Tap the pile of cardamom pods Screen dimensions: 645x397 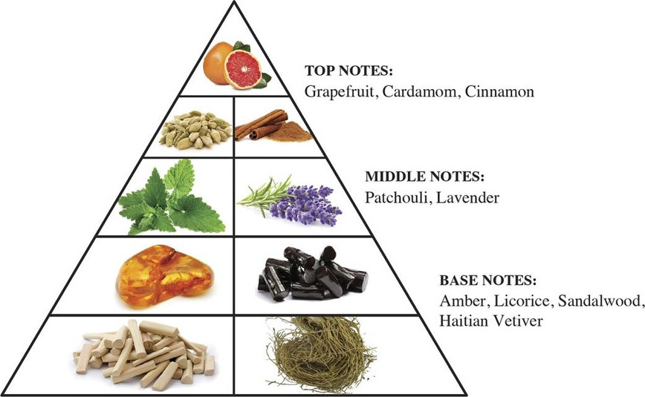[x=195, y=129]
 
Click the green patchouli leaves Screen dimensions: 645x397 [x=172, y=198]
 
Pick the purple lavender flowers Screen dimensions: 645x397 [x=305, y=205]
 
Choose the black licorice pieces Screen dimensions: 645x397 [x=313, y=273]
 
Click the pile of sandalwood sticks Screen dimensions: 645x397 [x=144, y=354]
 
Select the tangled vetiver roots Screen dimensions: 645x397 [x=322, y=354]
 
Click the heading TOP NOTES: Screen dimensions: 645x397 [x=349, y=70]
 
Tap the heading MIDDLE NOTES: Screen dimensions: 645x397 [x=425, y=177]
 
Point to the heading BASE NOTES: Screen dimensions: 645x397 [x=488, y=280]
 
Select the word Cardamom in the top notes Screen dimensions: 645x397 [x=420, y=91]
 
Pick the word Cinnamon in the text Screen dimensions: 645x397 [x=499, y=91]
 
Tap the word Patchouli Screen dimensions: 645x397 [x=398, y=197]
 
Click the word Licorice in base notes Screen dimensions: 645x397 [x=521, y=301]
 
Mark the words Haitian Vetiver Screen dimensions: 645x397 [x=491, y=320]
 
